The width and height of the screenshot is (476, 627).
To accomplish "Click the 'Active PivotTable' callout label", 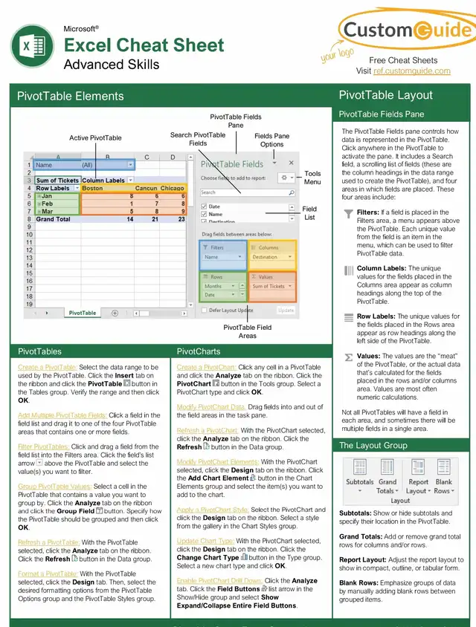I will pyautogui.click(x=95, y=138).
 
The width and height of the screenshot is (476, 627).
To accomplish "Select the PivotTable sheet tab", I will pyautogui.click(x=83, y=313).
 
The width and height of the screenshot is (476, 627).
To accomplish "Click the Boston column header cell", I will pyautogui.click(x=93, y=188).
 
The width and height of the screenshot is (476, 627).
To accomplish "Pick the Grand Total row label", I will pyautogui.click(x=55, y=219).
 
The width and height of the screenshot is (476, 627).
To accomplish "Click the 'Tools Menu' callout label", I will pyautogui.click(x=312, y=178).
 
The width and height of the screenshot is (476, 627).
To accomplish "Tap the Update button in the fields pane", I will pyautogui.click(x=286, y=310).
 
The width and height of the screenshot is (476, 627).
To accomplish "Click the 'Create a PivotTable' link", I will pyautogui.click(x=47, y=367).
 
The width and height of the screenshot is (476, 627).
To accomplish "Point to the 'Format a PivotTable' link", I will pyautogui.click(x=47, y=574).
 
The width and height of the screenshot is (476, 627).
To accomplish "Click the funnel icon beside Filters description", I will pyautogui.click(x=348, y=214).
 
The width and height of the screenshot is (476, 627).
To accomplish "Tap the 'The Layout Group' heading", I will pyautogui.click(x=373, y=445).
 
